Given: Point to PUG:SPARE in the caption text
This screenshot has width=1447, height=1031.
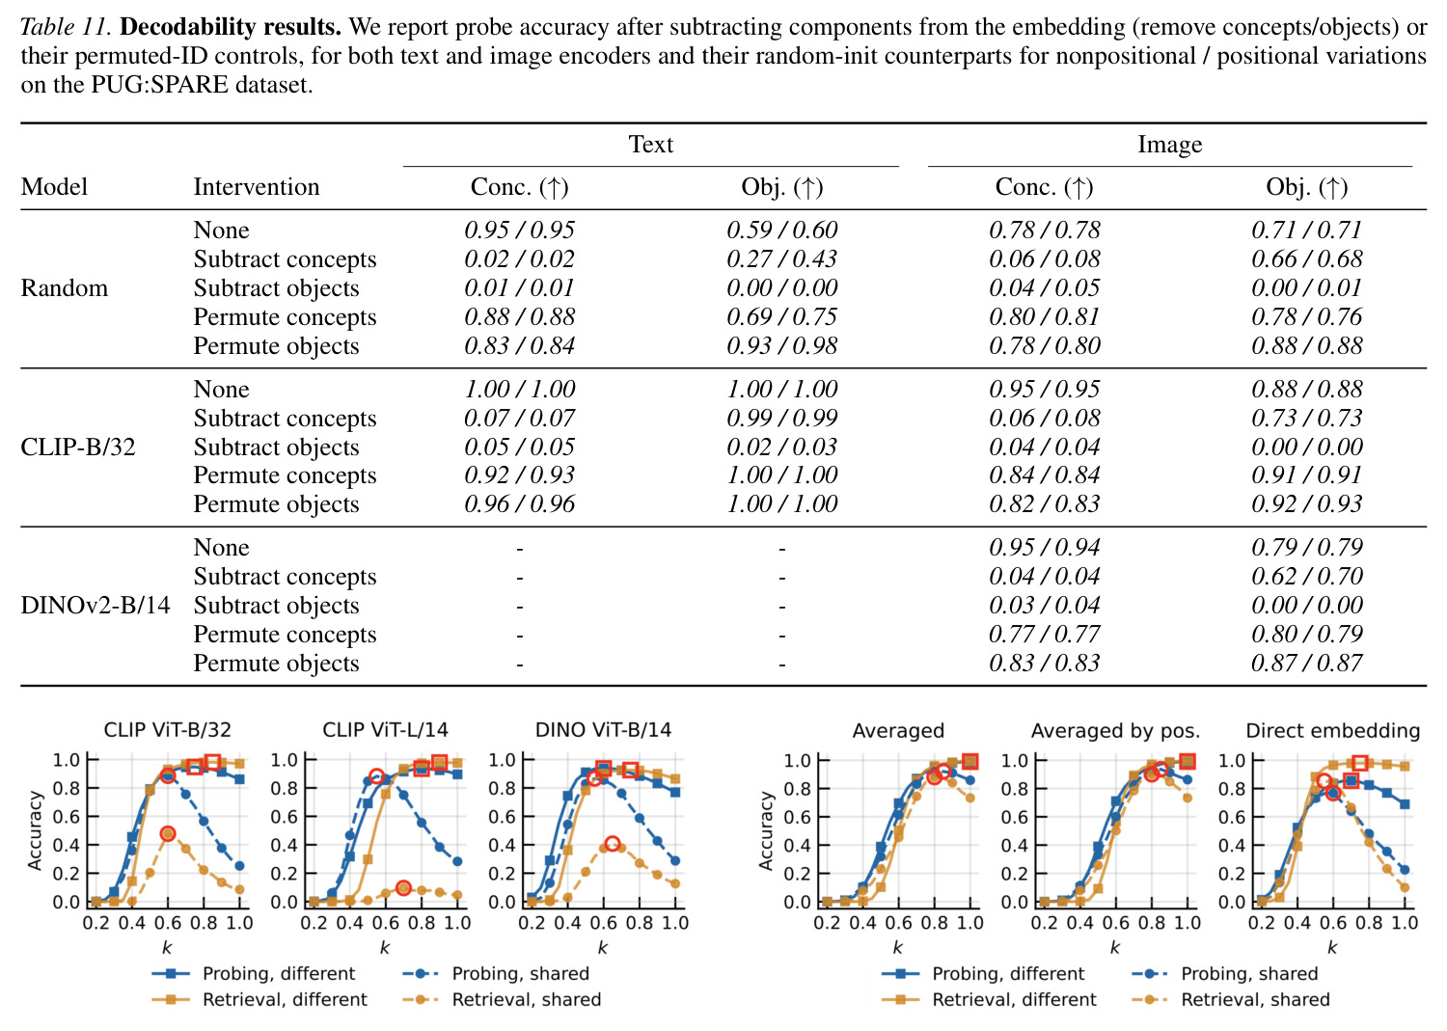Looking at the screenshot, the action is (x=159, y=85).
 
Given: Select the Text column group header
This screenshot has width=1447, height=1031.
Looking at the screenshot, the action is (x=651, y=144).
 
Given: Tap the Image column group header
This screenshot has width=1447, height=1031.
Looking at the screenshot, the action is (x=1170, y=144).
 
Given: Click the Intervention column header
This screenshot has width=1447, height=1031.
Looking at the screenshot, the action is (x=257, y=187).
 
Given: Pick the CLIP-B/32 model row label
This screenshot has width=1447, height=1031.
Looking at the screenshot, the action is (x=78, y=447).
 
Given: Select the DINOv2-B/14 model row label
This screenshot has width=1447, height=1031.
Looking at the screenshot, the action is (x=96, y=606).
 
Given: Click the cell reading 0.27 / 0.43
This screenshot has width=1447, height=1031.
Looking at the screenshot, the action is (x=781, y=259).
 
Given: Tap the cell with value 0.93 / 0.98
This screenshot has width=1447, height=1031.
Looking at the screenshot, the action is (x=781, y=345).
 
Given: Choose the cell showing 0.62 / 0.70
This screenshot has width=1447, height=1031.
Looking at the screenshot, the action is (x=1307, y=576).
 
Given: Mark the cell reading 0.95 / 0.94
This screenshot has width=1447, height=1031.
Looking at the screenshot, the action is (x=1045, y=547).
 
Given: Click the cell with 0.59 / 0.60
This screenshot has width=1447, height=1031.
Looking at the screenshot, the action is (x=781, y=230).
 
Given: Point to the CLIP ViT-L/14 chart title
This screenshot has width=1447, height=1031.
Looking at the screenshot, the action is (x=385, y=730).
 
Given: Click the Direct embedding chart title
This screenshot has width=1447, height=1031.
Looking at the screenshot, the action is (x=1332, y=731).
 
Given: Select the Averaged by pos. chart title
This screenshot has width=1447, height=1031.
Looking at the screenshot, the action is (x=1115, y=731).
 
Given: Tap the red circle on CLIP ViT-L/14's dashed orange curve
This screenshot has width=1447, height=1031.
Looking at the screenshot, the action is (x=404, y=888).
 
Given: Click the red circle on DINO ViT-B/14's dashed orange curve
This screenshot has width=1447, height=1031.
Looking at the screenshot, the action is (x=613, y=843).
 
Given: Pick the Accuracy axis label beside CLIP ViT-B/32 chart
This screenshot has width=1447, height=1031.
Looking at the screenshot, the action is (x=35, y=830).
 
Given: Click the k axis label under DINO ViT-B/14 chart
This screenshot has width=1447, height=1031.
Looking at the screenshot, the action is (x=603, y=948).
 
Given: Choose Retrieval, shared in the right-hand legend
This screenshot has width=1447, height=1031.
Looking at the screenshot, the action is (x=1255, y=999).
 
